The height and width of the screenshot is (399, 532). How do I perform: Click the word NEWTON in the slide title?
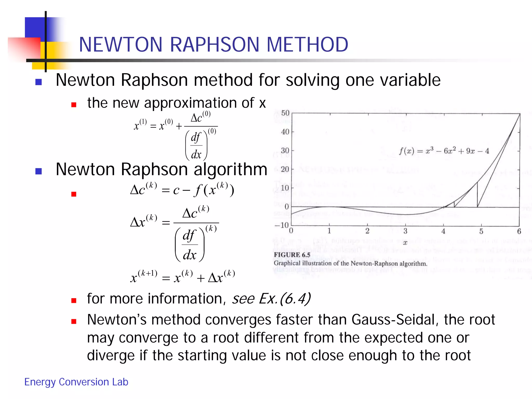tap(121, 45)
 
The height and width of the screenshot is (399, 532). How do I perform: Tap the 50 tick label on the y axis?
tap(285, 113)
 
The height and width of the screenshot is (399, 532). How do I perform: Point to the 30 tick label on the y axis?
tap(285, 151)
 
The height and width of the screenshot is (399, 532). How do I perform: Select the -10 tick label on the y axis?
tap(282, 225)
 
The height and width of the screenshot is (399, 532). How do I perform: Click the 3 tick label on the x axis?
tap(405, 231)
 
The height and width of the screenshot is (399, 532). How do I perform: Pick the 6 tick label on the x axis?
tap(519, 231)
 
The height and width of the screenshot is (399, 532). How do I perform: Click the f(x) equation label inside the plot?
tap(444, 151)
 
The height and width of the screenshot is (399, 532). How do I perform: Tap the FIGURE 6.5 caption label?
tap(292, 255)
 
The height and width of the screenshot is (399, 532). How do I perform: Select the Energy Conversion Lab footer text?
tap(76, 382)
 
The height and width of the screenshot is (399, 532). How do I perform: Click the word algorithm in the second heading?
tap(230, 170)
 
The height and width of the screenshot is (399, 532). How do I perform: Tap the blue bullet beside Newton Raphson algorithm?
tap(38, 171)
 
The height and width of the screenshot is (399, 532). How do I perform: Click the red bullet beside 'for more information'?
tap(74, 301)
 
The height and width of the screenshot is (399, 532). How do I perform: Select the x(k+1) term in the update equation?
tap(144, 277)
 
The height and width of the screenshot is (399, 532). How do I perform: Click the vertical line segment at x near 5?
tap(477, 195)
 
